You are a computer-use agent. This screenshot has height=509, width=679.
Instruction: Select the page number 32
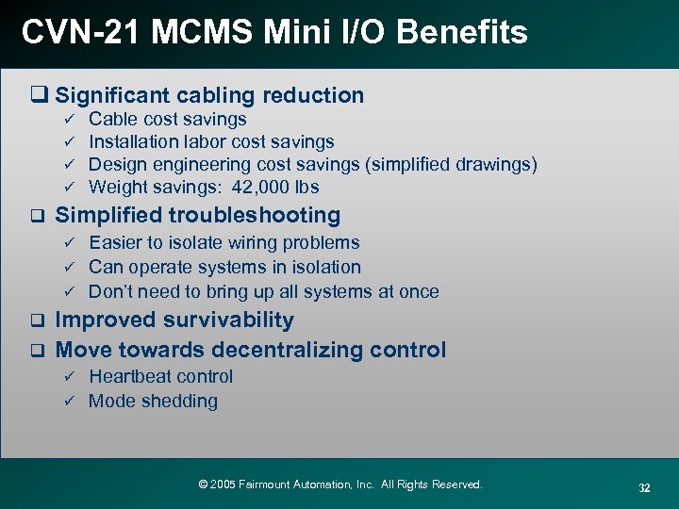[644, 487]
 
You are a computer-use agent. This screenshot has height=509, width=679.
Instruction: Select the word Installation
[133, 142]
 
